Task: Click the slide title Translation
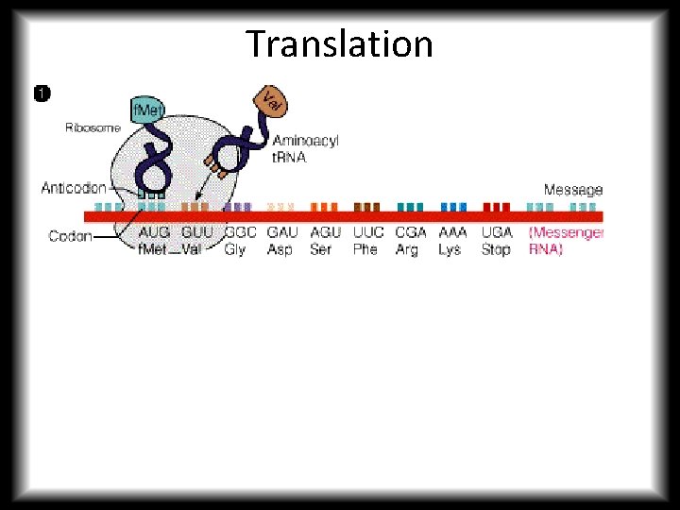click(x=339, y=44)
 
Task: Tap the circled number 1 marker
click(x=42, y=93)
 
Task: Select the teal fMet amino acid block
click(x=147, y=110)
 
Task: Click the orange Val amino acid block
click(x=270, y=99)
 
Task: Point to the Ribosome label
click(x=93, y=128)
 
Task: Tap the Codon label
click(x=71, y=236)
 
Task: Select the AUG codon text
click(x=155, y=232)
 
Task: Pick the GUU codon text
click(x=197, y=232)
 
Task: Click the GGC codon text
click(x=240, y=232)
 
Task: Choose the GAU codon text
click(x=282, y=232)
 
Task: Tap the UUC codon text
click(x=368, y=232)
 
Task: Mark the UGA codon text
click(x=497, y=232)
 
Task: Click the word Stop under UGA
click(x=496, y=250)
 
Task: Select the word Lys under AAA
click(x=450, y=250)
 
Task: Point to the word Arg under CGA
click(x=407, y=250)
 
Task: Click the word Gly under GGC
click(x=235, y=250)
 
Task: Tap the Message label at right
click(x=572, y=190)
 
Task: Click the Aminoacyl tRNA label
click(x=304, y=149)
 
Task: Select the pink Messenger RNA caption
click(x=566, y=241)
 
